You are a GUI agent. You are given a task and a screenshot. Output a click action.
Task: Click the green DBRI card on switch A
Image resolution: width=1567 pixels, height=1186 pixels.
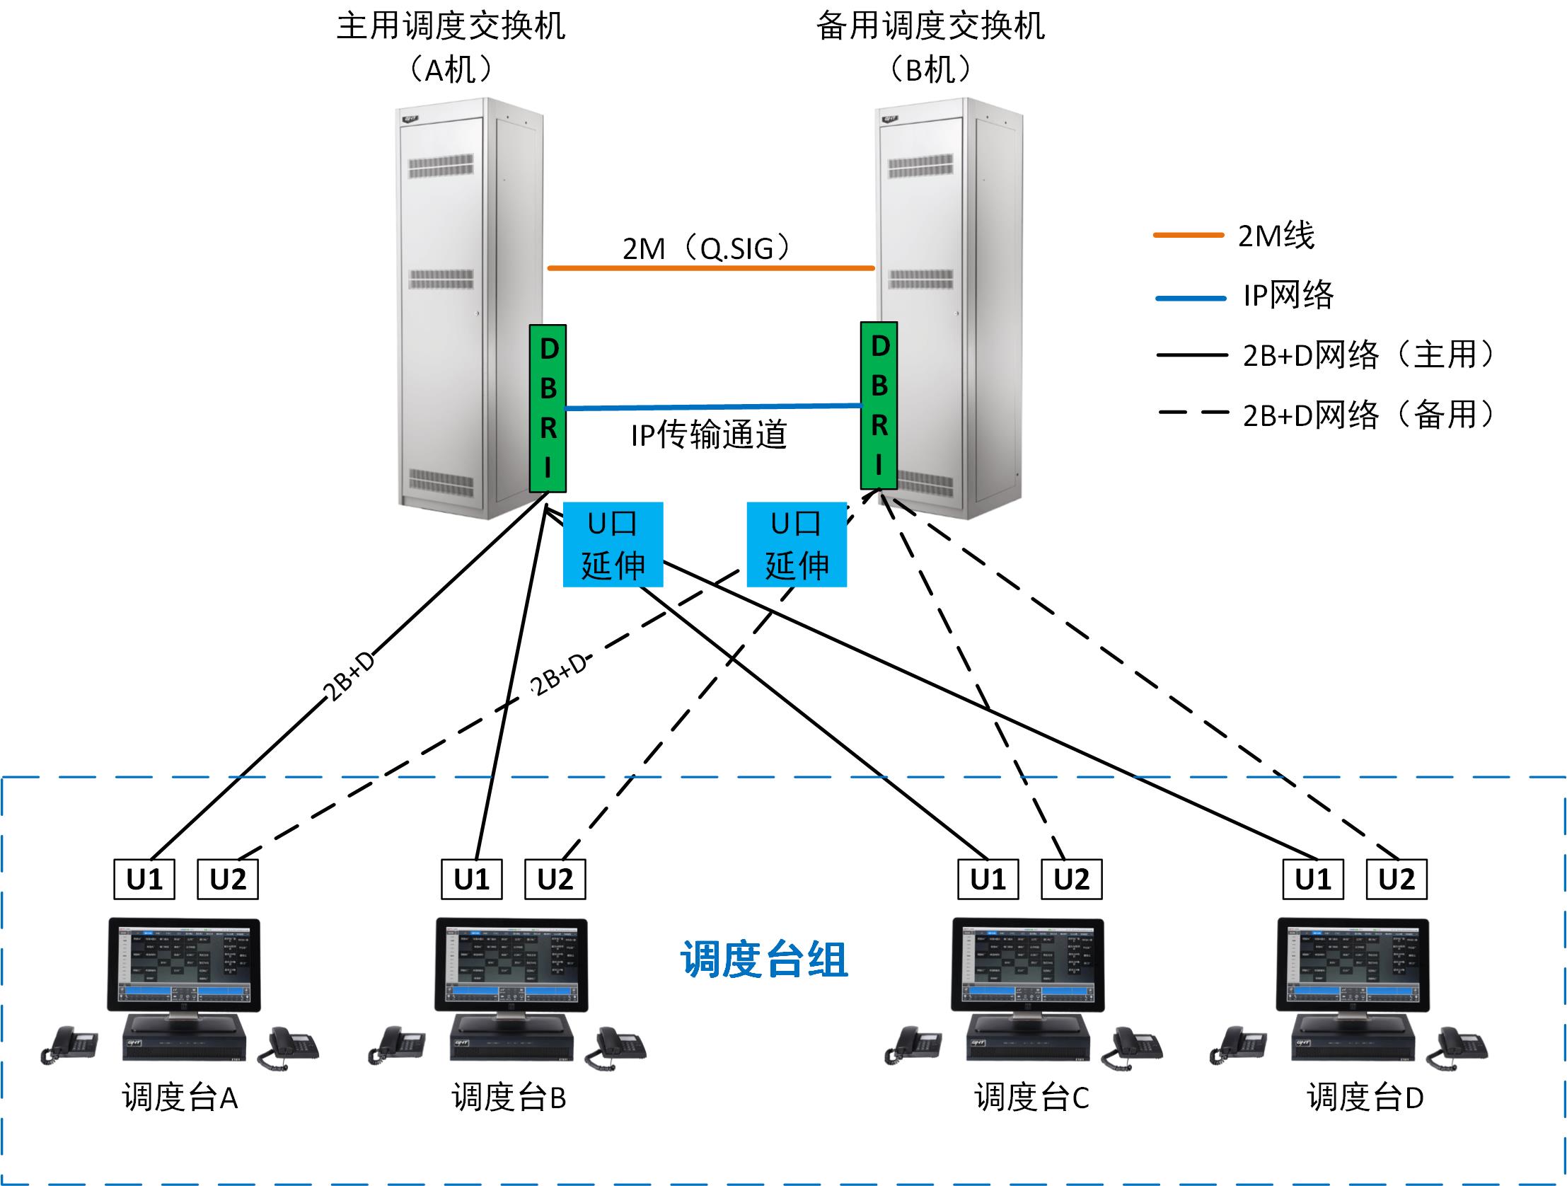point(548,408)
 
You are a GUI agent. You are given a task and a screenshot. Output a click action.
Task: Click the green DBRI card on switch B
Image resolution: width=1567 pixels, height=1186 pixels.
point(879,405)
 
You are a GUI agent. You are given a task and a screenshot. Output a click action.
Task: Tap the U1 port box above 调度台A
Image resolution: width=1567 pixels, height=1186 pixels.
point(144,879)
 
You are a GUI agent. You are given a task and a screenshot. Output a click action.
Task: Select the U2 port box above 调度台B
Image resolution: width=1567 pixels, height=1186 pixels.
point(555,879)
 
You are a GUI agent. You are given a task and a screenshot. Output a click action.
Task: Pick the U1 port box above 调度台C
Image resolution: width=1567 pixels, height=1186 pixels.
point(988,879)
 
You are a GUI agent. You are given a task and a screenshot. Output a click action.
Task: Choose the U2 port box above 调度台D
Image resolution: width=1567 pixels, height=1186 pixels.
point(1396,879)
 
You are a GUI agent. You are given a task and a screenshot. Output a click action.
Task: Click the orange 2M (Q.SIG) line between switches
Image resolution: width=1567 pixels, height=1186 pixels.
point(710,268)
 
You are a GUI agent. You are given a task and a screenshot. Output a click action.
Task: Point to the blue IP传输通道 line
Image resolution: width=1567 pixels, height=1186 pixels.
point(712,408)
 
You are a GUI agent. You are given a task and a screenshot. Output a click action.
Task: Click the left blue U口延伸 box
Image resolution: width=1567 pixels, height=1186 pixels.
point(613,544)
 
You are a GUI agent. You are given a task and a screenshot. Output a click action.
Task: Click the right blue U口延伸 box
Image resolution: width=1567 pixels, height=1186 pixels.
point(797,544)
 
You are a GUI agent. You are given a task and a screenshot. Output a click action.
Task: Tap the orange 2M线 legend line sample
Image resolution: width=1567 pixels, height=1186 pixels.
point(1188,234)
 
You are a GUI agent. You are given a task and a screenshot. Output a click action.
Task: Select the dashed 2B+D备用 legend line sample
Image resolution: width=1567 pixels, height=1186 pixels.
point(1193,413)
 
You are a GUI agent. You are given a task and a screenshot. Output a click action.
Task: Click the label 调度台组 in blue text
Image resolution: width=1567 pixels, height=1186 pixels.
point(763,960)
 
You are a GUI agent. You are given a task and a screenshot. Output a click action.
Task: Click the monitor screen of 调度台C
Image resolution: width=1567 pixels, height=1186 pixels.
point(1027,964)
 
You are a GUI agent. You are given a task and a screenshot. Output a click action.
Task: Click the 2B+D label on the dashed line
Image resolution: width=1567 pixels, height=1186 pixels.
point(559,674)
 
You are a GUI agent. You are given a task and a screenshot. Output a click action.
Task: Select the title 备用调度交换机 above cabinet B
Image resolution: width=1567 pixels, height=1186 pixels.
point(930,27)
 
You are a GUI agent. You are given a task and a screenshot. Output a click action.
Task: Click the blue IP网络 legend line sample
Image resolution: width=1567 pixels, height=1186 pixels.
point(1190,299)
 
